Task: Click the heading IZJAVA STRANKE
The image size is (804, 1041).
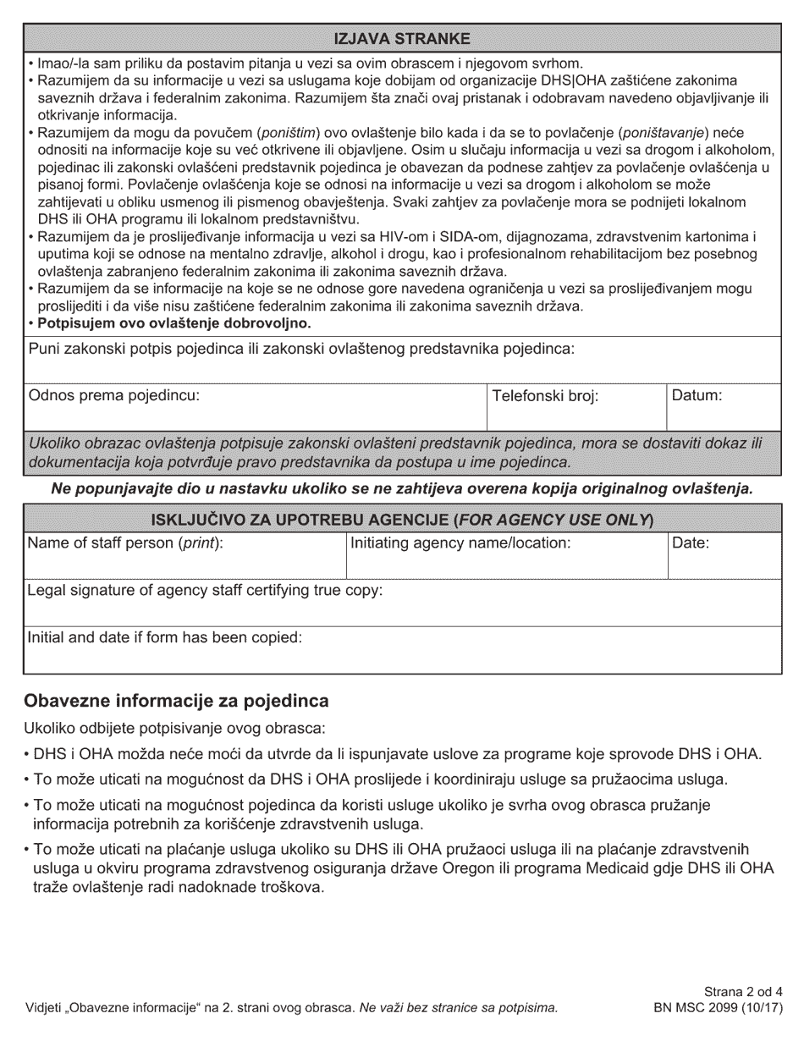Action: click(x=402, y=39)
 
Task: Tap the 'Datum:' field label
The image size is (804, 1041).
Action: click(x=697, y=395)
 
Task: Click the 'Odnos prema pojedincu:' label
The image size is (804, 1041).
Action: click(x=114, y=395)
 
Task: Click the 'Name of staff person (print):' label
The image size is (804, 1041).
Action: click(x=125, y=543)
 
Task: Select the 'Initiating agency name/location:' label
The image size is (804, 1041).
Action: click(x=460, y=543)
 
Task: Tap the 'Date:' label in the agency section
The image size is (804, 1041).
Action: click(x=690, y=543)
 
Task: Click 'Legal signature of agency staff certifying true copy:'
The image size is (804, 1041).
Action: click(x=205, y=590)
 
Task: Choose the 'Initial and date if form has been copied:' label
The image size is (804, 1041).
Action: click(x=164, y=637)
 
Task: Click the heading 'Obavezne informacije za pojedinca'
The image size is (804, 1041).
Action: click(x=176, y=702)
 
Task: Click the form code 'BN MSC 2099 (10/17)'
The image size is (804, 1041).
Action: click(x=719, y=1008)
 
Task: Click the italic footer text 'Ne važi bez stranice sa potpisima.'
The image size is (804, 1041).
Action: click(x=458, y=1008)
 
